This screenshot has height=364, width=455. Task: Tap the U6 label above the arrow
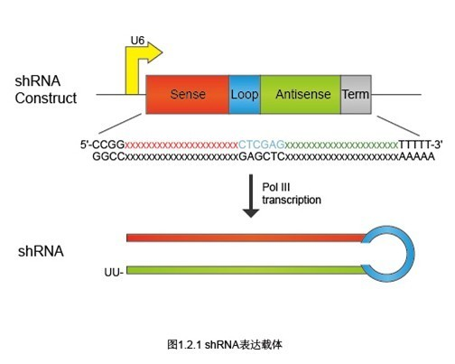point(137,41)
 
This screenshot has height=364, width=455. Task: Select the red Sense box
point(187,95)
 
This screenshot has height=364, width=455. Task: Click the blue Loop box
point(245,95)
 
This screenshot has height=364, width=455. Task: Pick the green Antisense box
point(301,95)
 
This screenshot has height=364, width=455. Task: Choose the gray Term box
point(356,95)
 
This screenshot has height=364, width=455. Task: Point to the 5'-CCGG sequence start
point(102,145)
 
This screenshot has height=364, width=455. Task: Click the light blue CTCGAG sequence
point(262,145)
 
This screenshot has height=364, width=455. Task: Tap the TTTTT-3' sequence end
point(421,145)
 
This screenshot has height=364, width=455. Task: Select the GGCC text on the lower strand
point(108,156)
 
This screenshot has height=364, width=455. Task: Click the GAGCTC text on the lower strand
point(262,156)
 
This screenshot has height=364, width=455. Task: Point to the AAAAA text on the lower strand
point(417,156)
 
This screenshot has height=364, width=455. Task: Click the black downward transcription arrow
point(251,196)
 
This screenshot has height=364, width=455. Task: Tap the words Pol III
point(276,187)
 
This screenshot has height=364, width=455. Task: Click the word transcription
point(292,200)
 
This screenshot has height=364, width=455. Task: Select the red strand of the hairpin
point(246,238)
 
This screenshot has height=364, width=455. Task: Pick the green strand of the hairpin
point(246,270)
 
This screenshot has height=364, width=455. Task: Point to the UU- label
point(114,272)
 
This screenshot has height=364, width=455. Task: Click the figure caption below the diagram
point(225,344)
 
